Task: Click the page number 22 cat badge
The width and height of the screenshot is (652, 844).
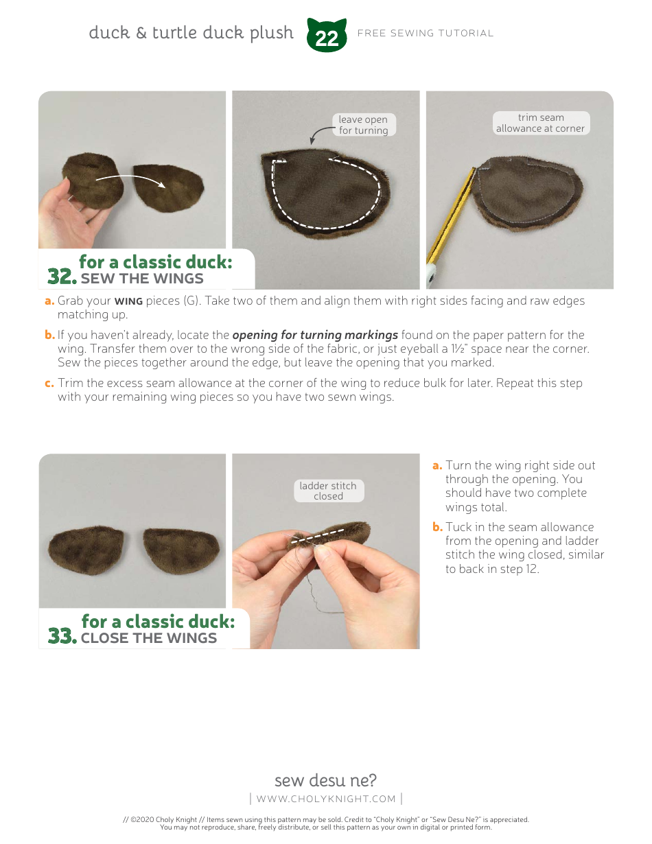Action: coord(327,36)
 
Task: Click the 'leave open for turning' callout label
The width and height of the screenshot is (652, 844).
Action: coord(363,125)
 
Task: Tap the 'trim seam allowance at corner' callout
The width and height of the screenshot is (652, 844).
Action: coord(541,123)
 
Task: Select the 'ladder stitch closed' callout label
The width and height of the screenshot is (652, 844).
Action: coord(328,491)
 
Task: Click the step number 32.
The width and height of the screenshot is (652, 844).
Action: coord(61,277)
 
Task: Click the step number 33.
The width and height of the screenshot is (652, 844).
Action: coord(62,636)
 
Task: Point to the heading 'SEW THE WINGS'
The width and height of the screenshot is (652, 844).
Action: coord(142,279)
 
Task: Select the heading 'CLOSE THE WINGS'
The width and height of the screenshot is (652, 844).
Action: coord(148,638)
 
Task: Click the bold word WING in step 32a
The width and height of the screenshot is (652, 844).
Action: coord(128,301)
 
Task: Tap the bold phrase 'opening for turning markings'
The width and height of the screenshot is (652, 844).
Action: coord(315,335)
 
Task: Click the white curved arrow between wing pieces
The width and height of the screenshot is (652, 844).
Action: coord(130,180)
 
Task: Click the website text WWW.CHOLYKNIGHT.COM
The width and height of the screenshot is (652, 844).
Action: coord(326,798)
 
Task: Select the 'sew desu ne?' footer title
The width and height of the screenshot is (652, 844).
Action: coord(325,780)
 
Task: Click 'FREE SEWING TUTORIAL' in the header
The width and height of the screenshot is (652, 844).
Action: coord(426,33)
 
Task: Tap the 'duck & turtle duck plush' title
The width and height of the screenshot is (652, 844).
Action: coord(191,33)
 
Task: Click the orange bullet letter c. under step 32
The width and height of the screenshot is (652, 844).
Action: coord(49,382)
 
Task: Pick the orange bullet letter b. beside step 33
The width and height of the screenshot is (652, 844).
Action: coord(437,527)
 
